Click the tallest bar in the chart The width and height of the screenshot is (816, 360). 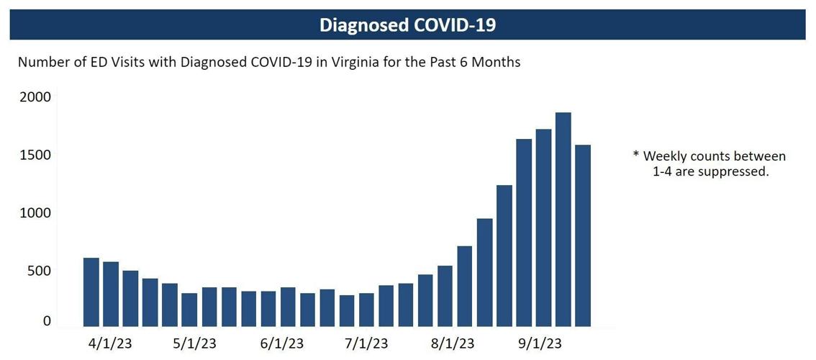[563, 220]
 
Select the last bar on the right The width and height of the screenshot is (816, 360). [582, 235]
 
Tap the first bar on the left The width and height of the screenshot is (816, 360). [91, 292]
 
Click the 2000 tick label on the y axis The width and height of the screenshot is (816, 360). [36, 97]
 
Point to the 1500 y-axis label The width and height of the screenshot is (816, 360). [36, 156]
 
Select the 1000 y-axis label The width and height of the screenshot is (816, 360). [36, 213]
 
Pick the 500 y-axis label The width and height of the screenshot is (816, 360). [40, 271]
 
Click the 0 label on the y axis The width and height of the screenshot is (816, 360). [47, 321]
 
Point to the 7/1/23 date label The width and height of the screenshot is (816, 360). [367, 343]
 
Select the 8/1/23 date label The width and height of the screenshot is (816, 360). [452, 343]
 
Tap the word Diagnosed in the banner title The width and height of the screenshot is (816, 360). [366, 25]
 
